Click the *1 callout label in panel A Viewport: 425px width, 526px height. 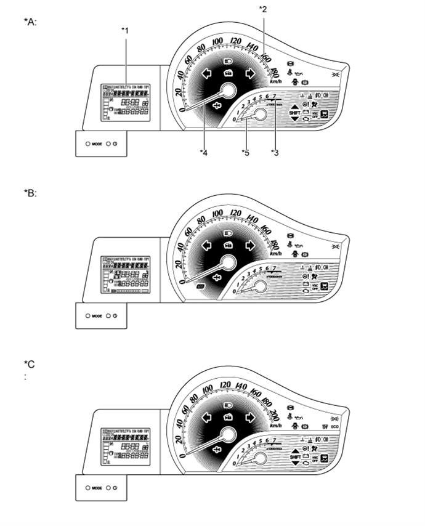point(126,30)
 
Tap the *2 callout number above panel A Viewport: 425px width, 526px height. point(263,9)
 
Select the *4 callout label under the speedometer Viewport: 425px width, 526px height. point(203,153)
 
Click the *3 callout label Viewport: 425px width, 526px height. point(275,153)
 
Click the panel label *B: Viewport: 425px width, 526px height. point(30,193)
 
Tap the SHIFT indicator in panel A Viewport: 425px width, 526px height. point(294,112)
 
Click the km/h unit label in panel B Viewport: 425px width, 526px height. point(275,254)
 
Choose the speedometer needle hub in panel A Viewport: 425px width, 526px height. point(227,91)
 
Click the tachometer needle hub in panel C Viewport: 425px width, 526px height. point(258,458)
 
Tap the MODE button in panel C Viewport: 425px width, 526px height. point(97,487)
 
